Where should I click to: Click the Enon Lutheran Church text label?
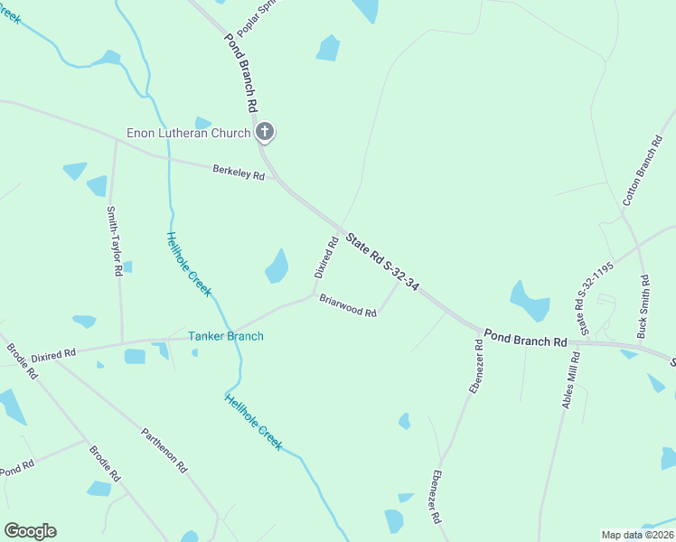pos(188,134)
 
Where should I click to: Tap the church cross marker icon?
pos(265,133)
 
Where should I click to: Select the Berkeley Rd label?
pos(239,171)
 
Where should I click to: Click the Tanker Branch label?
pos(226,337)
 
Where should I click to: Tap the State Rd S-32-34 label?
pos(384,258)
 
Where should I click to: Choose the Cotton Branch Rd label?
pos(643,171)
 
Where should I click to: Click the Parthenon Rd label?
pos(164,450)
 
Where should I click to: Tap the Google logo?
pos(30,531)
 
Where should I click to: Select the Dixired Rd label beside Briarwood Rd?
pos(326,257)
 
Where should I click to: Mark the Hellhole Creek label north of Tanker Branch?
pos(188,264)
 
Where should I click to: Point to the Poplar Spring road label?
pos(254,17)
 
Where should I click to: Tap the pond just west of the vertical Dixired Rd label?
pos(277,266)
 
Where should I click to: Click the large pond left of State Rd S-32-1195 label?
pos(530,302)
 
